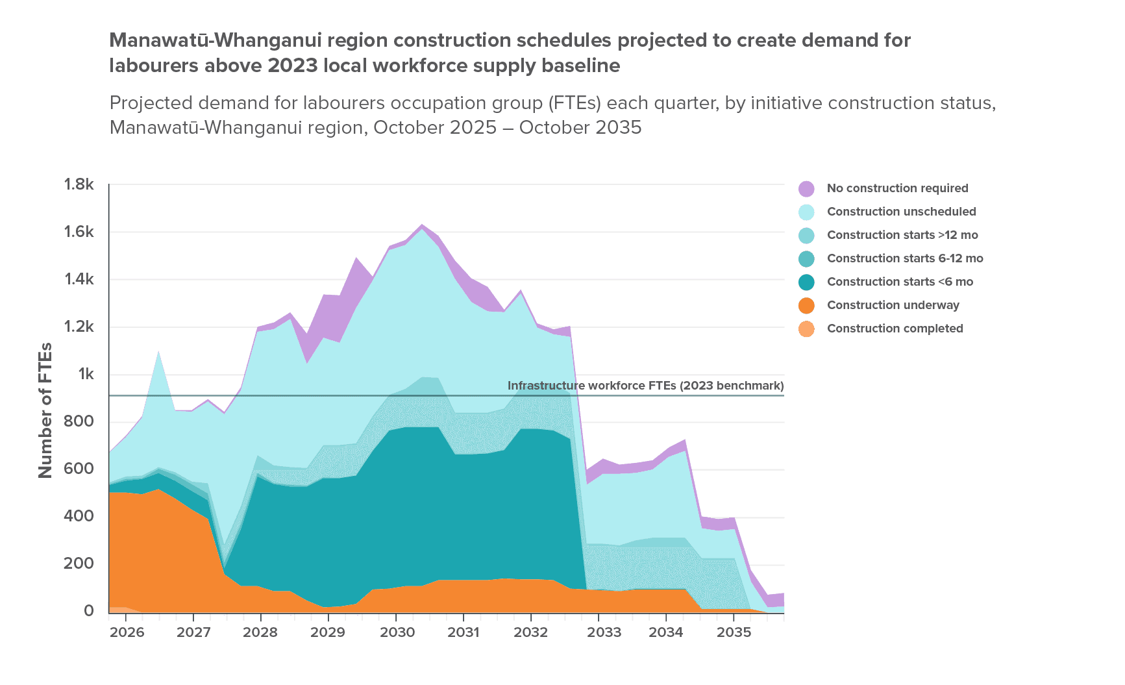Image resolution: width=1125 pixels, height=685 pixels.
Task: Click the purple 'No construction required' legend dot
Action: tap(806, 188)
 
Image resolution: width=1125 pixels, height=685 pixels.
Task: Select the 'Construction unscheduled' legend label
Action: tap(901, 212)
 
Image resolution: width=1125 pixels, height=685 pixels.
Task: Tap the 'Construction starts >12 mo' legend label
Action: tap(902, 235)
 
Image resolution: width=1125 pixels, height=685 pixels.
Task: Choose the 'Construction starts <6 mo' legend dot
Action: tap(806, 282)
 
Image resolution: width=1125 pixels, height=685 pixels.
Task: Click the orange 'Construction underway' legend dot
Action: tap(806, 305)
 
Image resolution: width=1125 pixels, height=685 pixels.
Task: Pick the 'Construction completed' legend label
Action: tap(895, 329)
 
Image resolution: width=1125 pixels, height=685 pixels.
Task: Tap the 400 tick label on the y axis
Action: tap(79, 516)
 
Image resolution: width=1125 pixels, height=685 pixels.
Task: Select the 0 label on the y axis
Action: tap(88, 611)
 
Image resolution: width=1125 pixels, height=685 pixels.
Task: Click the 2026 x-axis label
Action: tap(127, 632)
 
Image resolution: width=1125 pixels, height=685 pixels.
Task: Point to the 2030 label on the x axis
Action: tap(397, 632)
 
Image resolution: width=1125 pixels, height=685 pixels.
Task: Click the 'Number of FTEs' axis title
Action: tap(45, 410)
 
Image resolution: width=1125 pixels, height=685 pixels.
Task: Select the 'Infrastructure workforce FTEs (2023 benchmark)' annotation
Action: tap(645, 386)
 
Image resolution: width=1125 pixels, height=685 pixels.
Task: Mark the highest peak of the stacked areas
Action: tap(421, 225)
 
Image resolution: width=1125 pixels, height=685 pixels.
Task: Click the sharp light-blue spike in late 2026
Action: tap(158, 352)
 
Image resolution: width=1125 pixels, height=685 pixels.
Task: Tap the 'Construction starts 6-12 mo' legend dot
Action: tap(806, 258)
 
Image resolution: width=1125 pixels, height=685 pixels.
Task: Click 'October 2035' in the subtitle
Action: tap(580, 127)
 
